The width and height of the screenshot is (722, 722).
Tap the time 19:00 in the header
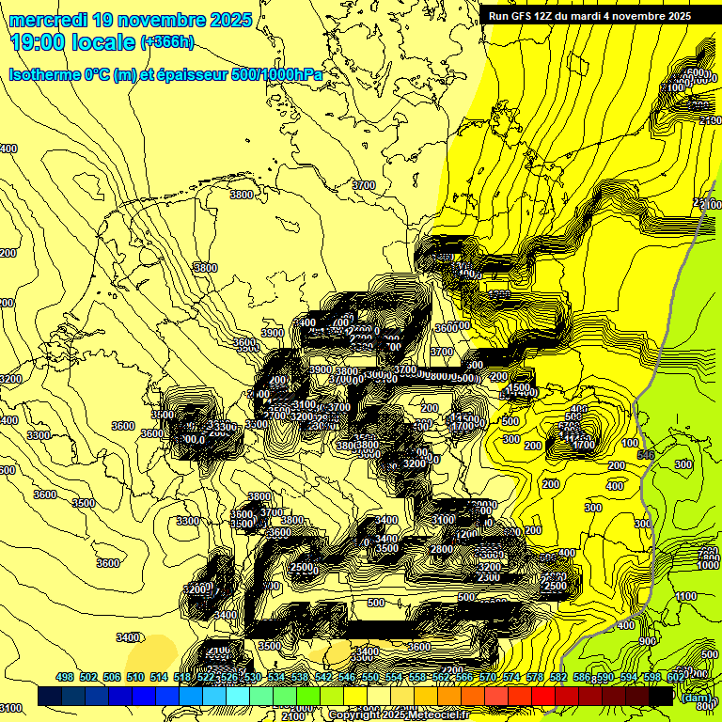click(x=39, y=41)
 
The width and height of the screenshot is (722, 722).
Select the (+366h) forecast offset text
click(x=166, y=41)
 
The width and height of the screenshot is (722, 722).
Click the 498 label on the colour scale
click(x=65, y=677)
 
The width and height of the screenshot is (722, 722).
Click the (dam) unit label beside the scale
click(x=697, y=697)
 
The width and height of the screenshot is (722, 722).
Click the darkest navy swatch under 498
click(x=51, y=697)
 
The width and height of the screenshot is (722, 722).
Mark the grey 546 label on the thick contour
click(x=645, y=455)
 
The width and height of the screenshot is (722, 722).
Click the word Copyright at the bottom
click(x=357, y=715)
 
